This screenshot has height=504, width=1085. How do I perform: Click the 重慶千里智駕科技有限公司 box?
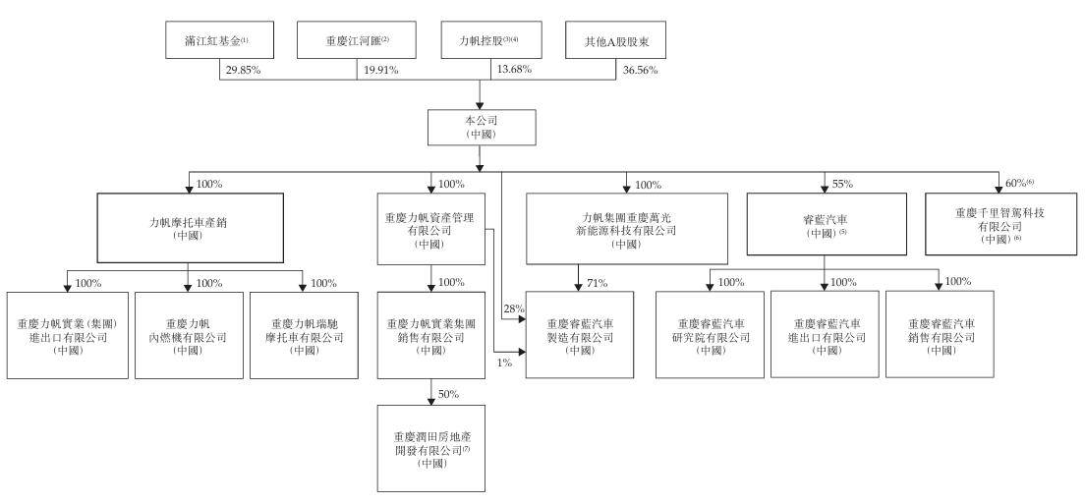999,225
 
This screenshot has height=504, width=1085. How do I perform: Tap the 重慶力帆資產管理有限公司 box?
431,229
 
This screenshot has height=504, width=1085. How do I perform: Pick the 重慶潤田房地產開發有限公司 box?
431,448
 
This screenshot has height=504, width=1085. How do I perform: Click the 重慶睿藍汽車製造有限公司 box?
577,335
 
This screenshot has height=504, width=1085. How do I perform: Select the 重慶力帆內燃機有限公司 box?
189,335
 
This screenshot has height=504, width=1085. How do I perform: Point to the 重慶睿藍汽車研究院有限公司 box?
710,335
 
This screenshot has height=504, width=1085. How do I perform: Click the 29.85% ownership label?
242,71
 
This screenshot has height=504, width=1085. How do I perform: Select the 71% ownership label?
597,283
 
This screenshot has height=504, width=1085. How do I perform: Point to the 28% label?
511,308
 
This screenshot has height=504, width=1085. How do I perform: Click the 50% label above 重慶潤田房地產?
449,394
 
